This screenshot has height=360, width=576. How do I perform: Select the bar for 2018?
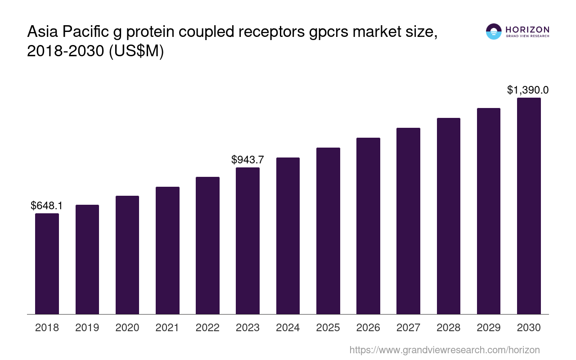[x=47, y=264]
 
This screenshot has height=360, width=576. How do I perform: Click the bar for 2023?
[x=247, y=241]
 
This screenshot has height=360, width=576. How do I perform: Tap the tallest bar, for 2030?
[x=529, y=206]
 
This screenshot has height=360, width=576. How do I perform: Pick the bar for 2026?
[x=368, y=226]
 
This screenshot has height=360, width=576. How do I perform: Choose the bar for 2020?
[x=127, y=255]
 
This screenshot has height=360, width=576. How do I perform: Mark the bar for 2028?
[x=448, y=216]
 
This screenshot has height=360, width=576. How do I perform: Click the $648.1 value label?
[x=47, y=206]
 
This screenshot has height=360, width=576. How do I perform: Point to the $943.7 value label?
[x=247, y=160]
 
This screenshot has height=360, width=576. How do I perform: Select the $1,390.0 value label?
[x=528, y=90]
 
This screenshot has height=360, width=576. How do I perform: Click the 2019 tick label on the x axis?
[x=87, y=328]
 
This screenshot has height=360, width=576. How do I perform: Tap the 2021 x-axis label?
[x=167, y=328]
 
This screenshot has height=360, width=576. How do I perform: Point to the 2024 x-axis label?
[x=288, y=328]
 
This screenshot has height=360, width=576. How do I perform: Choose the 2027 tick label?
[x=408, y=328]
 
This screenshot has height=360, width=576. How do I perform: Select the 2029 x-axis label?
[x=489, y=328]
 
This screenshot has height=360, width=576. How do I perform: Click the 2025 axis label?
[x=328, y=328]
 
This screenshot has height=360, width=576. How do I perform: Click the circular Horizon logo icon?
[x=494, y=31]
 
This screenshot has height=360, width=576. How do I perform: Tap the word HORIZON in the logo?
[x=527, y=29]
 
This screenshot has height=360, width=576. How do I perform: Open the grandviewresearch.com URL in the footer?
[x=445, y=350]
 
